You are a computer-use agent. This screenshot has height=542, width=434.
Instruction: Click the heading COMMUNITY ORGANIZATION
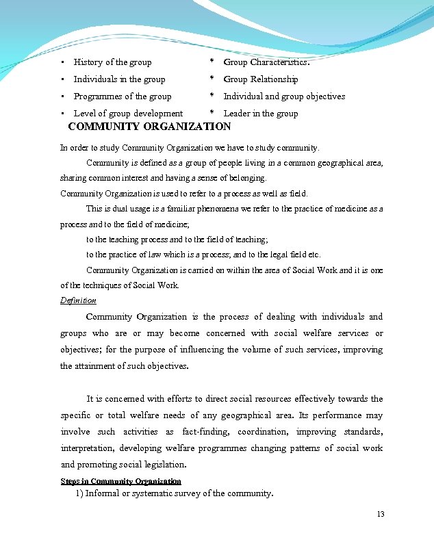[150, 127]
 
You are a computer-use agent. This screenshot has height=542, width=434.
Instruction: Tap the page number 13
[381, 514]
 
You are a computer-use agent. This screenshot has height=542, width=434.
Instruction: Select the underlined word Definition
[78, 300]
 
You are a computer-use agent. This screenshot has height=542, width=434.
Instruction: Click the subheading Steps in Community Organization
[120, 481]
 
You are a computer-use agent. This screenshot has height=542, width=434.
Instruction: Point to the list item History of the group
[113, 62]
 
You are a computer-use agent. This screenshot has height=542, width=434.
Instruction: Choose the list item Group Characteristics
[266, 62]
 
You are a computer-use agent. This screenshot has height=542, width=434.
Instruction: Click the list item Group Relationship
[261, 79]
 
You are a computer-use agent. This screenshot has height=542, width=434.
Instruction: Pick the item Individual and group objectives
[284, 96]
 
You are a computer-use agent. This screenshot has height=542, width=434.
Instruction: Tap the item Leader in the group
[261, 114]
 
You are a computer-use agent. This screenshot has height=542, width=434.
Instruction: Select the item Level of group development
[128, 114]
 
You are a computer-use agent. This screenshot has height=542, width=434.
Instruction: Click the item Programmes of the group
[123, 96]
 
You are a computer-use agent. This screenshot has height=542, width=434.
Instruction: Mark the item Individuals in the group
[119, 79]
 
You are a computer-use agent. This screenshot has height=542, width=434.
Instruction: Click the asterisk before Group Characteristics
[212, 62]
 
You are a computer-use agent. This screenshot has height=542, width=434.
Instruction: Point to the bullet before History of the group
[63, 62]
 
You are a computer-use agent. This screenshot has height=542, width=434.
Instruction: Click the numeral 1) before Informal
[79, 493]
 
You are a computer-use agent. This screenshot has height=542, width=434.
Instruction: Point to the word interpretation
[87, 448]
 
